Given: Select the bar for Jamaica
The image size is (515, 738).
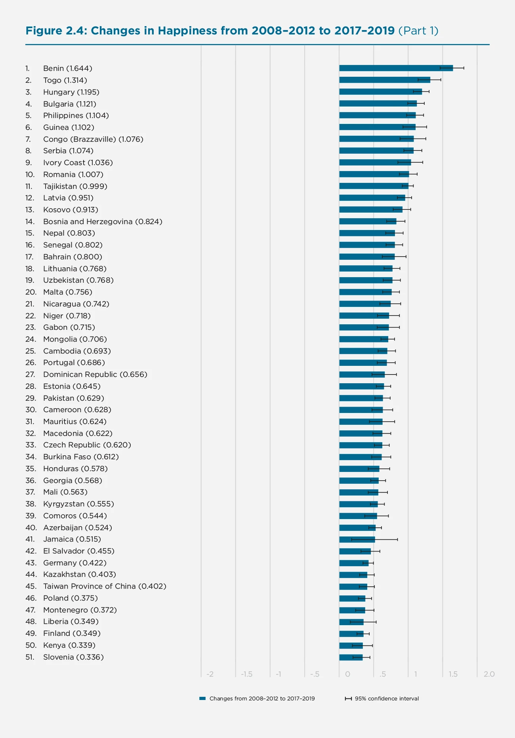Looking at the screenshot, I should pyautogui.click(x=357, y=539).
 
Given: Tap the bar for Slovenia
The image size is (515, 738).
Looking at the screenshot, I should pyautogui.click(x=351, y=657).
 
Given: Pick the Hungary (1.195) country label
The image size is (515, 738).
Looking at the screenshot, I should pyautogui.click(x=71, y=92).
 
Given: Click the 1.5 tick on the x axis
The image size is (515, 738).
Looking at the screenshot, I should pyautogui.click(x=453, y=674).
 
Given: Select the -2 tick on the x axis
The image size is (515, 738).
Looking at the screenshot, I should pyautogui.click(x=210, y=674).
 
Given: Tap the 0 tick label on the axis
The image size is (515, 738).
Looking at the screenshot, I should pyautogui.click(x=347, y=674).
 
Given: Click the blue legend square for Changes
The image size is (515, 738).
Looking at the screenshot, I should pyautogui.click(x=202, y=699).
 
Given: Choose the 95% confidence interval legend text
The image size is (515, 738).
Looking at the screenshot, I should pyautogui.click(x=387, y=699).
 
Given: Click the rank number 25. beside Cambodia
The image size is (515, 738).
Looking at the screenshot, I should pyautogui.click(x=31, y=351).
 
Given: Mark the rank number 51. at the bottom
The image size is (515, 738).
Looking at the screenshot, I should pyautogui.click(x=30, y=657).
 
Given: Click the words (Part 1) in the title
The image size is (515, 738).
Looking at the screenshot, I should pyautogui.click(x=418, y=31).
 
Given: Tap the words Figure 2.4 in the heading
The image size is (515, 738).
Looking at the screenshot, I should pyautogui.click(x=56, y=31).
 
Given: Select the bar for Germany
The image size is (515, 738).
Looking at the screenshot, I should pyautogui.click(x=353, y=563).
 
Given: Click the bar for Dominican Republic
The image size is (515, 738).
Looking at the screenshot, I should pyautogui.click(x=361, y=375).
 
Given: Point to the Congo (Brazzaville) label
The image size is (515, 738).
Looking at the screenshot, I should pyautogui.click(x=93, y=139).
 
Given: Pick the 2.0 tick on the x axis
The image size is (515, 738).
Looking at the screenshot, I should pyautogui.click(x=489, y=674).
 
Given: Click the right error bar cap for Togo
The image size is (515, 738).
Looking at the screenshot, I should pyautogui.click(x=441, y=80).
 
